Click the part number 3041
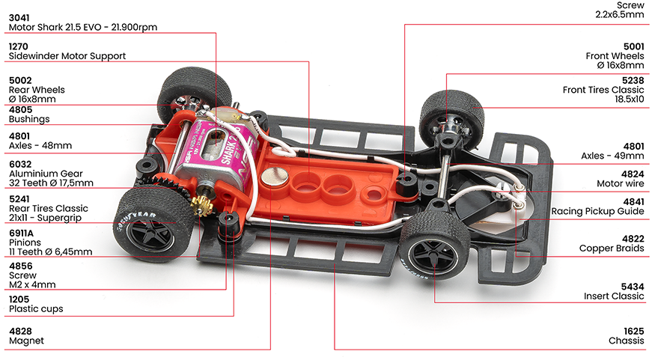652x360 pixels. coord(19,18)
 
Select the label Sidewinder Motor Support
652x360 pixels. coord(67,56)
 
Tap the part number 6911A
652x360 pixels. coord(21,233)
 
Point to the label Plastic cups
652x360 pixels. coord(36,309)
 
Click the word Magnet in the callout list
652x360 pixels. coord(26,341)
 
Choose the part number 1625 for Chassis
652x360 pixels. coord(634,332)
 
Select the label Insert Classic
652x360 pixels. coord(614,296)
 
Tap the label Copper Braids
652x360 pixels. coord(612,248)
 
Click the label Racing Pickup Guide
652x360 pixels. coord(597,211)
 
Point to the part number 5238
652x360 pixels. coord(633,80)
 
